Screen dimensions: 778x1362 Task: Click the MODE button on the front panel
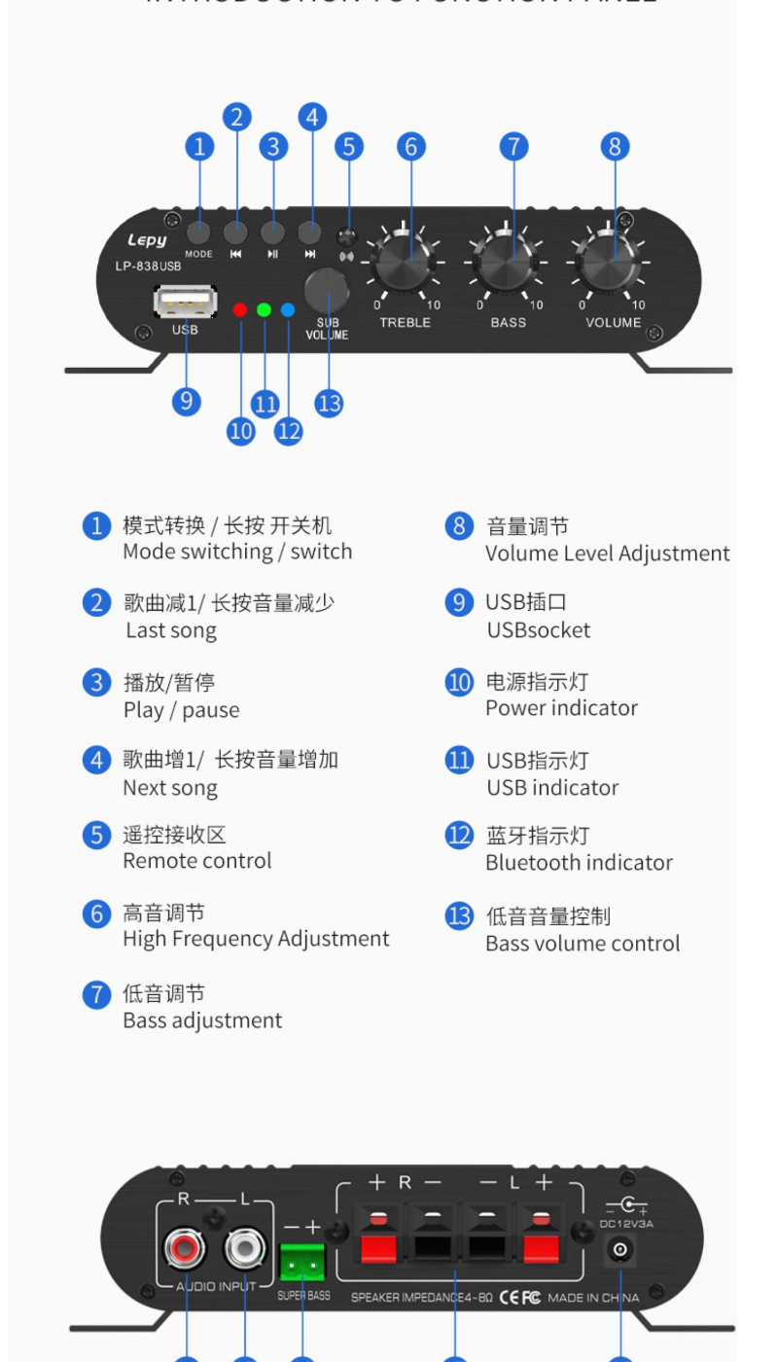(x=199, y=233)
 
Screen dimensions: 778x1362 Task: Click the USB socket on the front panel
(x=185, y=302)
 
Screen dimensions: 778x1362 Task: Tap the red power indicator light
(x=241, y=310)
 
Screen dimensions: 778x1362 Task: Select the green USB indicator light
(x=265, y=310)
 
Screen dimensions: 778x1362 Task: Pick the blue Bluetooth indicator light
(x=288, y=310)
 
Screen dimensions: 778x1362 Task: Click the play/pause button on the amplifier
(x=273, y=233)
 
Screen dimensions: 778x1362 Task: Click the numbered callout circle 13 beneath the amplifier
(x=330, y=403)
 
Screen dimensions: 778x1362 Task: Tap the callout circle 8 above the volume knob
(x=615, y=147)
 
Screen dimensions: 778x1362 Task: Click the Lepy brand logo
(x=147, y=239)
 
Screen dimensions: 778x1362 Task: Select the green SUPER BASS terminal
(x=301, y=1262)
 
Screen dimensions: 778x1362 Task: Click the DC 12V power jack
(x=620, y=1251)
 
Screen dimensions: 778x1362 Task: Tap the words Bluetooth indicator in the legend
(x=579, y=863)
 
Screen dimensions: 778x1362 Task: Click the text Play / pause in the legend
(x=181, y=710)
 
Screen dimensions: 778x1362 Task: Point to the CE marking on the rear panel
(x=510, y=1298)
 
